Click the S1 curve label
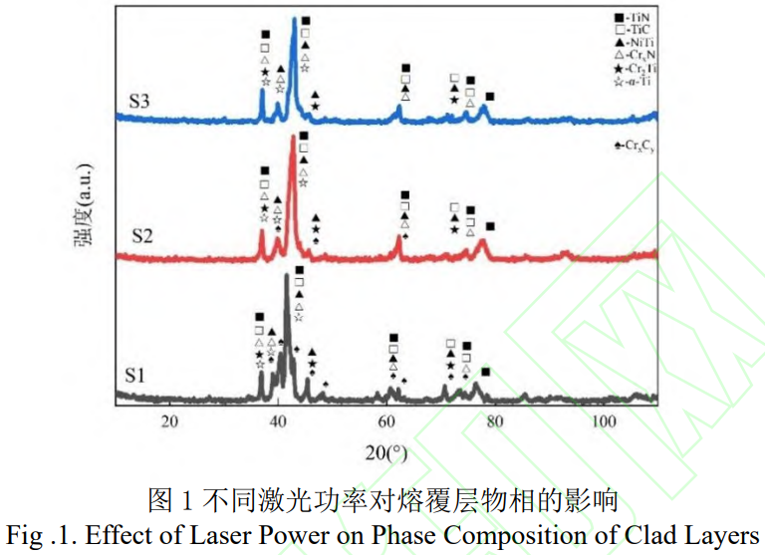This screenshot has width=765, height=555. pos(136,376)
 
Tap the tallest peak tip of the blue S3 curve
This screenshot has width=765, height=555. pos(294,19)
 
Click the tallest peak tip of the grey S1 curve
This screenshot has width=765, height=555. pos(287,276)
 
